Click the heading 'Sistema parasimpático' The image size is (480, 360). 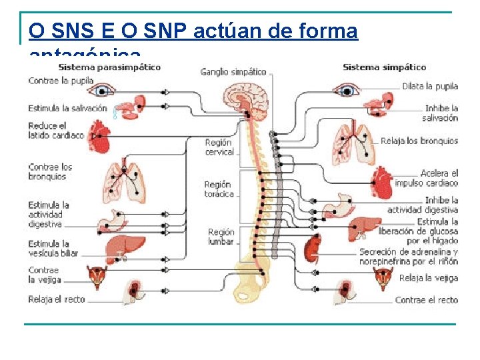109,67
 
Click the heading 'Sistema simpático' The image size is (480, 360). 384,67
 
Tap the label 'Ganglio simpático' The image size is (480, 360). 233,72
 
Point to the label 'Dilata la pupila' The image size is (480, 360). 430,87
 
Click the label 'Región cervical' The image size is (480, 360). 219,147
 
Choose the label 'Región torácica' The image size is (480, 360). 219,189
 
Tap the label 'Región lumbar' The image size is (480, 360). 221,237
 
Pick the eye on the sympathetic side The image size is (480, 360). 347,89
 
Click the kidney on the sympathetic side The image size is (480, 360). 313,249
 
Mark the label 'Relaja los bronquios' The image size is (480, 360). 419,141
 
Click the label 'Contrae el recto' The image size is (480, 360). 427,300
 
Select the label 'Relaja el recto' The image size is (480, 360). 57,300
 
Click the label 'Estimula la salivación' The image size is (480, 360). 67,108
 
